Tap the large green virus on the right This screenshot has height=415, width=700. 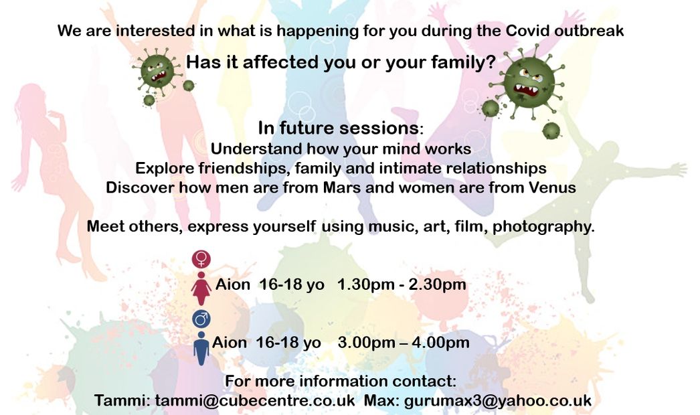pyautogui.click(x=529, y=83)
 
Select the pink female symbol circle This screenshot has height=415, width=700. pyautogui.click(x=201, y=258)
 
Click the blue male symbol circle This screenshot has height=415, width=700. pyautogui.click(x=201, y=319)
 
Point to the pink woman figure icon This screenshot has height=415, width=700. pyautogui.click(x=201, y=288)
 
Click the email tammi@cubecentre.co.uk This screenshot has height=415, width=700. pyautogui.click(x=255, y=400)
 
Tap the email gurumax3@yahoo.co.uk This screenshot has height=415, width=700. pyautogui.click(x=498, y=400)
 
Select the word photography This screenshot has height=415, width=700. pyautogui.click(x=543, y=226)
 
